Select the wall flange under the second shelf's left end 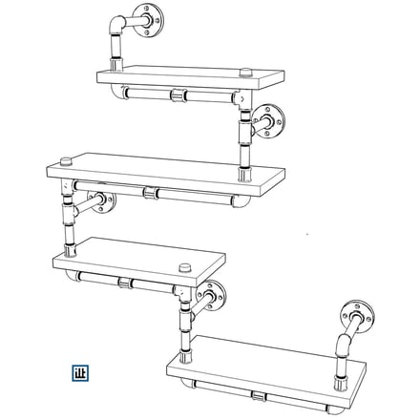(99, 202)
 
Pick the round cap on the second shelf (66, 157)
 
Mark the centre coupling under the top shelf (177, 94)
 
